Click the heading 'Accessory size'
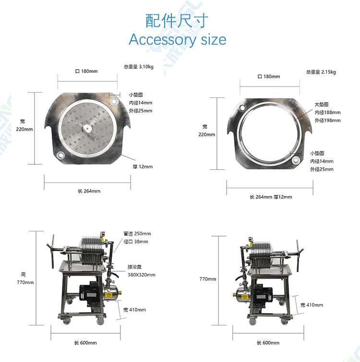click(x=178, y=40)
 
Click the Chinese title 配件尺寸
click(x=177, y=21)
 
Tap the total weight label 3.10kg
click(x=138, y=67)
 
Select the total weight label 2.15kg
click(x=321, y=72)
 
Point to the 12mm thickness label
click(x=143, y=167)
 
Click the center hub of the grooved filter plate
click(x=87, y=129)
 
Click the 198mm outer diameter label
click(x=328, y=121)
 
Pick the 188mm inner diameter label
click(x=328, y=112)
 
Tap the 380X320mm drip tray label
click(x=142, y=275)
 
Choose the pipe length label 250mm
click(x=137, y=234)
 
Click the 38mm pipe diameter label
click(x=136, y=241)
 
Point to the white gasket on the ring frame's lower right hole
click(x=296, y=160)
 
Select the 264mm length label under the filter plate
click(x=89, y=191)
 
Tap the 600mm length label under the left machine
click(x=85, y=343)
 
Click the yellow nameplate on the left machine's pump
click(x=108, y=295)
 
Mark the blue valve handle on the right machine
click(x=238, y=278)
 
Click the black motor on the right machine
click(x=263, y=296)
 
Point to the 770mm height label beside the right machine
click(x=208, y=279)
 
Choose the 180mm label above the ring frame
click(x=269, y=76)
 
